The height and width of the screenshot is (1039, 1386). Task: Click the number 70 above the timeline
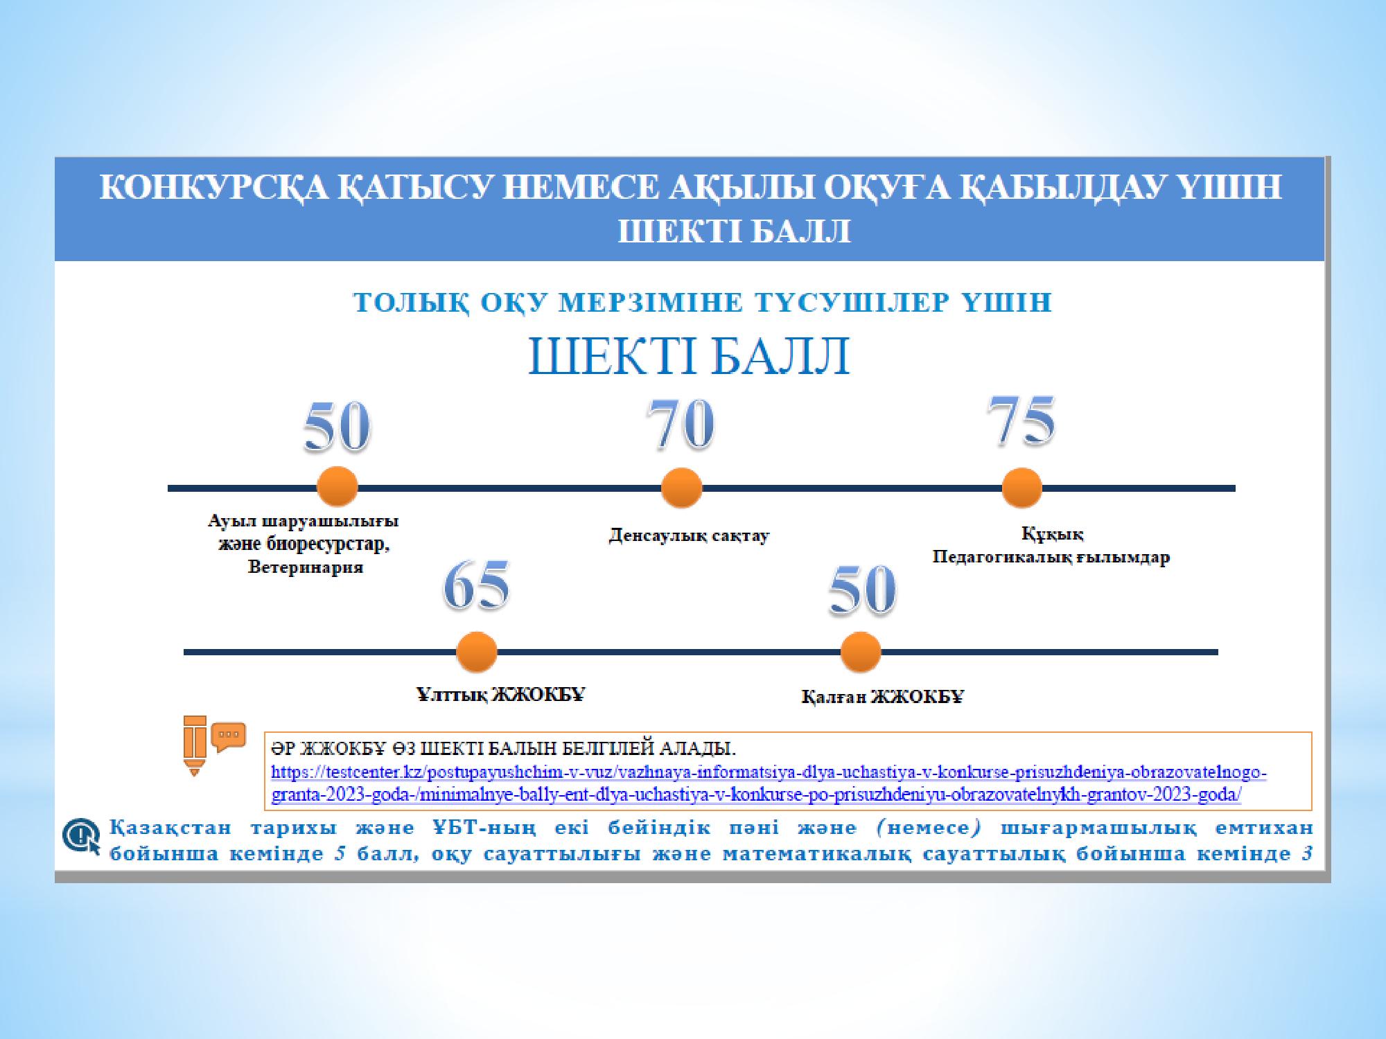(680, 424)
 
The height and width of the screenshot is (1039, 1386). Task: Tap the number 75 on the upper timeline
(1021, 420)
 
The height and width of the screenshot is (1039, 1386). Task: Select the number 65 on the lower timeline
(476, 586)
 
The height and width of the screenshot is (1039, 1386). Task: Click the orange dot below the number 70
(681, 488)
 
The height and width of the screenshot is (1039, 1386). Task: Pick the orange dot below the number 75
(1021, 488)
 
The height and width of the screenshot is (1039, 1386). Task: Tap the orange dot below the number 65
(477, 652)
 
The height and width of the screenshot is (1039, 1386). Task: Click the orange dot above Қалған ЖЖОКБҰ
(860, 652)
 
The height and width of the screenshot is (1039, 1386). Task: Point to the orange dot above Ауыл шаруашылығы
(337, 488)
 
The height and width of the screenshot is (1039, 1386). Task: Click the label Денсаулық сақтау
(689, 536)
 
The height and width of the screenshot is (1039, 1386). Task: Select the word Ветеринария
(306, 568)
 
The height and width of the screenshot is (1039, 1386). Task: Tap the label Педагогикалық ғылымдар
(1051, 558)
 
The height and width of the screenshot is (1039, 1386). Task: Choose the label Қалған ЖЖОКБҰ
(882, 697)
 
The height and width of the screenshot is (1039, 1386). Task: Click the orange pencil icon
(195, 745)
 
